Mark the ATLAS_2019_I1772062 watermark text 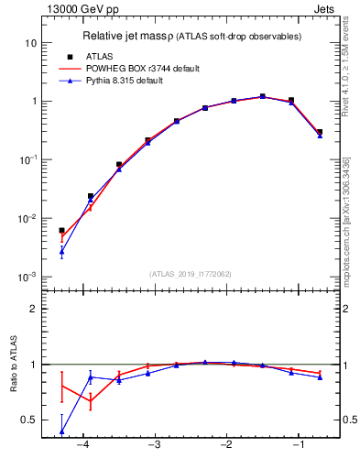point(191,273)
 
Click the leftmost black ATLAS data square point(61,231)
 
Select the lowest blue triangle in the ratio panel point(61,431)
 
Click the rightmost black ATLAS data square point(319,133)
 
